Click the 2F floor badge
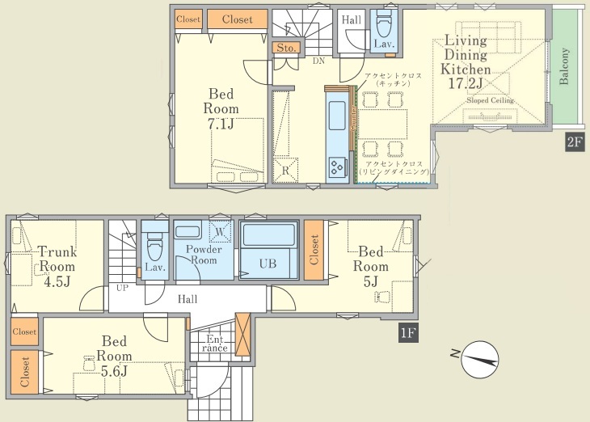click(575, 142)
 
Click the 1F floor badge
click(408, 333)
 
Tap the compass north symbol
click(478, 359)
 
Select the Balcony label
click(564, 66)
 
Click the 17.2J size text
click(465, 83)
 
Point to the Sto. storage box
click(286, 48)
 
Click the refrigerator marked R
click(285, 170)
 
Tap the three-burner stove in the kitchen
click(336, 167)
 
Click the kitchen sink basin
click(337, 115)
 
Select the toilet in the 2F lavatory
click(384, 24)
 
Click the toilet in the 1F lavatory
click(154, 247)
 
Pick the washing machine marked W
click(221, 231)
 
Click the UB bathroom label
click(268, 264)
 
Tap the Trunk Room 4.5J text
click(57, 267)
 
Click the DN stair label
click(318, 61)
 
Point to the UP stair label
click(122, 288)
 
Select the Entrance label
click(214, 344)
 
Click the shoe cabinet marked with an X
click(242, 335)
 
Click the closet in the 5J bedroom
click(314, 250)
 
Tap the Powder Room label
click(204, 255)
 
